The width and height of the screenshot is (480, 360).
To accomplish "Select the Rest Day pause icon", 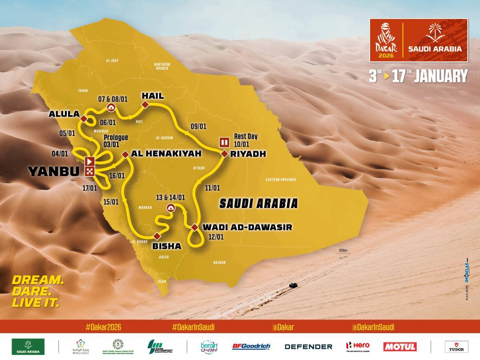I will pyautogui.click(x=223, y=142).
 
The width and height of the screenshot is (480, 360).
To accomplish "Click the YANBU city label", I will pyautogui.click(x=54, y=171).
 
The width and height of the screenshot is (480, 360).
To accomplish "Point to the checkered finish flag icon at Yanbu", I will pyautogui.click(x=90, y=172).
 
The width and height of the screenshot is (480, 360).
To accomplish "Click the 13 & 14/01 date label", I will pyautogui.click(x=171, y=197).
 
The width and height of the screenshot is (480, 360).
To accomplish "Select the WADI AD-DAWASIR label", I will pyautogui.click(x=247, y=227).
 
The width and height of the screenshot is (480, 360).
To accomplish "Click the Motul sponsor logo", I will pyautogui.click(x=400, y=346).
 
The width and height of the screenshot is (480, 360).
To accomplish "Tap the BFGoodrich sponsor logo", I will pyautogui.click(x=251, y=346).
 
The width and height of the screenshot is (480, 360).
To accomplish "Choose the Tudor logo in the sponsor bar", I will pyautogui.click(x=456, y=346).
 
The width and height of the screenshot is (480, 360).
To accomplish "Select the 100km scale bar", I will pyautogui.click(x=342, y=252).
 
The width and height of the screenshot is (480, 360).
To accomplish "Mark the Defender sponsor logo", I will pyautogui.click(x=308, y=346).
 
